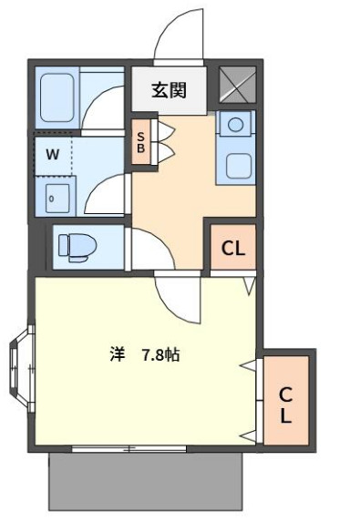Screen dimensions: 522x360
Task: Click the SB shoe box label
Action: [x=141, y=142]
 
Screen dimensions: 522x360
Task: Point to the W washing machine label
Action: [x=52, y=154]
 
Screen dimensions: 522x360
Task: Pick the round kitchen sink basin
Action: [x=235, y=126]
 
